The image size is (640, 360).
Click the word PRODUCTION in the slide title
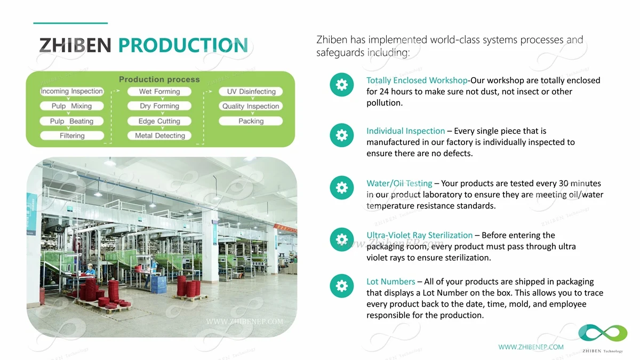(x=183, y=45)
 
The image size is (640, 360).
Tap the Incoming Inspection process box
(x=71, y=91)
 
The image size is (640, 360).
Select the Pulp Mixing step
(x=71, y=106)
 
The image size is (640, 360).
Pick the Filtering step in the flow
(x=72, y=135)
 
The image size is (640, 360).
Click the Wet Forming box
(x=159, y=91)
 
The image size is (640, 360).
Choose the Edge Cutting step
(x=159, y=121)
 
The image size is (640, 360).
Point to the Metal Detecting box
(x=159, y=135)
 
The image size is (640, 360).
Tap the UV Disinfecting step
(x=251, y=91)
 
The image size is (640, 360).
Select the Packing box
(x=251, y=121)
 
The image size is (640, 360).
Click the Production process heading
(x=159, y=79)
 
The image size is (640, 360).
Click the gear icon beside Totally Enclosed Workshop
(x=342, y=85)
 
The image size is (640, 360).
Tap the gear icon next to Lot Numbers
(x=342, y=286)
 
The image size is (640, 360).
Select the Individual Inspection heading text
(x=406, y=131)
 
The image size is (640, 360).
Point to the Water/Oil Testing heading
(x=399, y=183)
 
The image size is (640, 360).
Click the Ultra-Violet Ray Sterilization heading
(x=419, y=235)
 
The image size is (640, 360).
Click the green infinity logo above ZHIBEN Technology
(x=603, y=333)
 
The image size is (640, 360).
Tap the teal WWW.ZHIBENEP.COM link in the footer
(x=531, y=347)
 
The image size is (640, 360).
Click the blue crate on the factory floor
(x=158, y=284)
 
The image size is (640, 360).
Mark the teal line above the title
(x=70, y=23)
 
